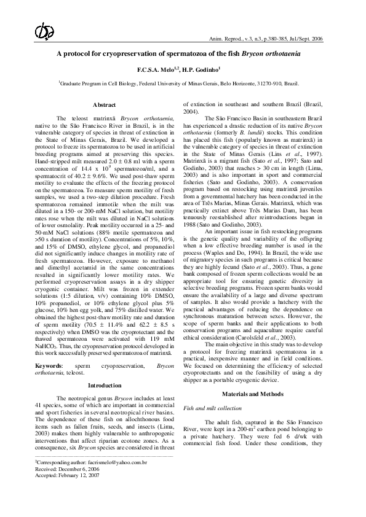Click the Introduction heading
(x=105, y=368)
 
